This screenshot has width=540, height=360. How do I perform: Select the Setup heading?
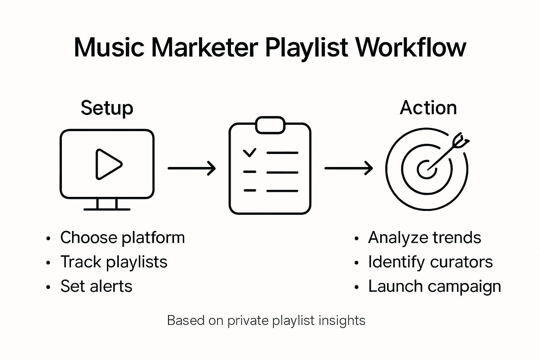click(x=107, y=108)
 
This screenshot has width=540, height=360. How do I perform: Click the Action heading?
click(x=428, y=108)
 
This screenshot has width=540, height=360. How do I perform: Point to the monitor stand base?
click(x=107, y=209)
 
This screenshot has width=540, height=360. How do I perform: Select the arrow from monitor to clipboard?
click(x=192, y=168)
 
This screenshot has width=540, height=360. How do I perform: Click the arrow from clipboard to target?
click(x=348, y=168)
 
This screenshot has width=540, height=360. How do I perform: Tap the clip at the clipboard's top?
click(x=270, y=125)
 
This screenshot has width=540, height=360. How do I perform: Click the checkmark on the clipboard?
click(x=250, y=153)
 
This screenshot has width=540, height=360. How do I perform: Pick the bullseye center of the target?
click(x=426, y=169)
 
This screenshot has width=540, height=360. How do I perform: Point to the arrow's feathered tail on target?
click(x=460, y=140)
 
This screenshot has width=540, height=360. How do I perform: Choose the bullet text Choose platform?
click(x=122, y=238)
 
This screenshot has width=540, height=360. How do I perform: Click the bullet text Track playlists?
click(x=114, y=262)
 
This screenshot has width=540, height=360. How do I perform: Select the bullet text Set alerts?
click(x=96, y=286)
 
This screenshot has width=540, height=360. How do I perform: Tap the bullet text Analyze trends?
click(x=424, y=238)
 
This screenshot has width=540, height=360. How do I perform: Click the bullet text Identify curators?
click(x=430, y=262)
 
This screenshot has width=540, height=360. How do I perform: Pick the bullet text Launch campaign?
click(x=434, y=287)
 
